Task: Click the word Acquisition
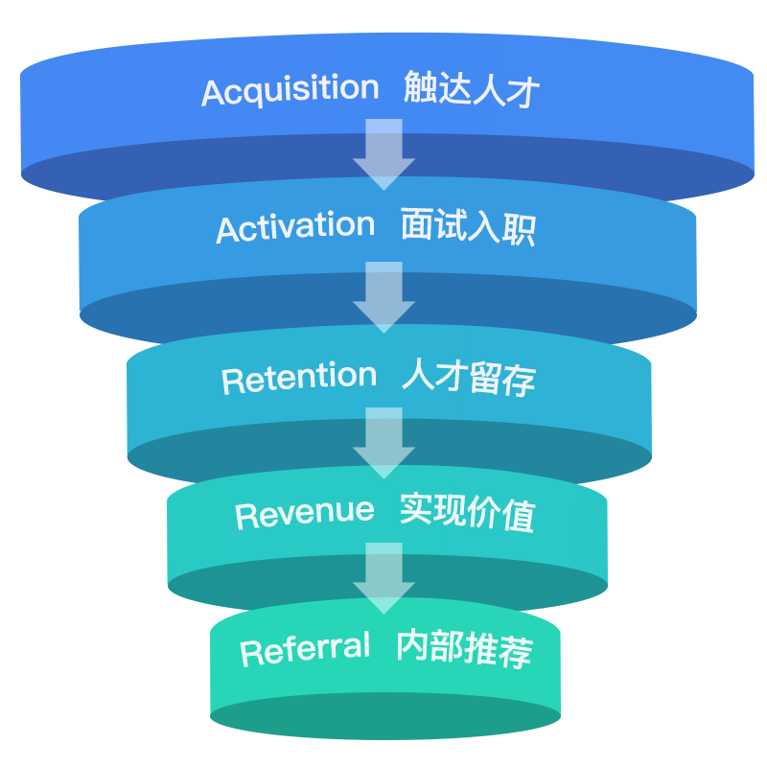point(291,91)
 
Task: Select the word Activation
point(295,228)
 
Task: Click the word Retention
point(299,378)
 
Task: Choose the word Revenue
point(305,513)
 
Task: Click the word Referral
point(305,650)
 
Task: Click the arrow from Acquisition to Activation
point(383,153)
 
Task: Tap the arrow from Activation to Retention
point(383,296)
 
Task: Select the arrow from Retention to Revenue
point(383,442)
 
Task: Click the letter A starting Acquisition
point(213,93)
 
